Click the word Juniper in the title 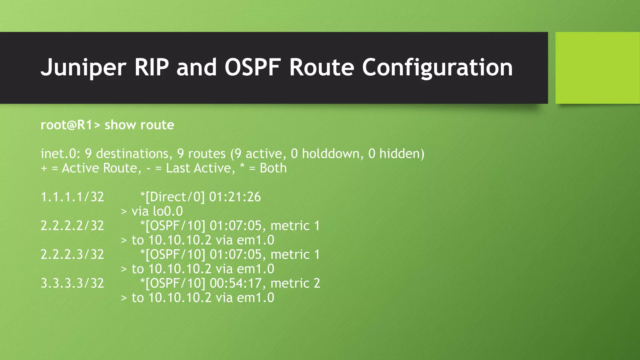pyautogui.click(x=83, y=67)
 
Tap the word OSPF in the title pyautogui.click(x=252, y=67)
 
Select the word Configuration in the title pyautogui.click(x=437, y=67)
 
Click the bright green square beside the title pyautogui.click(x=597, y=67)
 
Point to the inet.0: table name pyautogui.click(x=61, y=154)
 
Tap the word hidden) pyautogui.click(x=402, y=154)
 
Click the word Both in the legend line pyautogui.click(x=273, y=168)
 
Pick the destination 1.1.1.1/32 pyautogui.click(x=72, y=197)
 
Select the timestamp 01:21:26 pyautogui.click(x=235, y=197)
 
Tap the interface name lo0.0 pyautogui.click(x=168, y=211)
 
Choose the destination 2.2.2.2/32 pyautogui.click(x=72, y=226)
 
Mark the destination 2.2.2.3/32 pyautogui.click(x=72, y=254)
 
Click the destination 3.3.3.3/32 pyautogui.click(x=72, y=283)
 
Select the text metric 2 pyautogui.click(x=295, y=283)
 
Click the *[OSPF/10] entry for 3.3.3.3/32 pyautogui.click(x=173, y=283)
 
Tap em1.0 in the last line pyautogui.click(x=255, y=297)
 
